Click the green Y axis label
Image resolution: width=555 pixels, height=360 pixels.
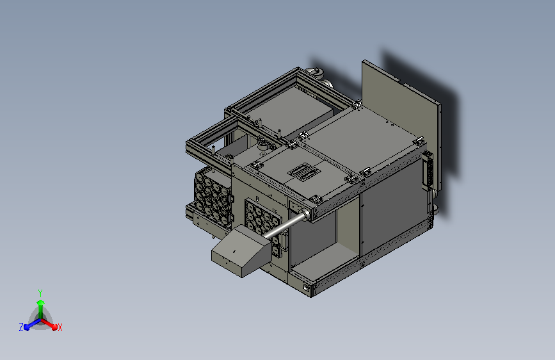tap(40, 293)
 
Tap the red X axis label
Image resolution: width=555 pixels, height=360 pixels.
tap(60, 327)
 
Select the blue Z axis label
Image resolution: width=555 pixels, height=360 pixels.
tap(21, 327)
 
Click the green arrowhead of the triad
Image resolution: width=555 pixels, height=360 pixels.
tap(41, 302)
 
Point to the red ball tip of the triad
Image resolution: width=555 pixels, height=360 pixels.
tap(54, 327)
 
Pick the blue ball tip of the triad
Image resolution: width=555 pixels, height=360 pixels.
tap(26, 327)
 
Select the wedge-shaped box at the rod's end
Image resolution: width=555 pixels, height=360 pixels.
tap(239, 251)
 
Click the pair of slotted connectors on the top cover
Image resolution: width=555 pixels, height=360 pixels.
tap(304, 172)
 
